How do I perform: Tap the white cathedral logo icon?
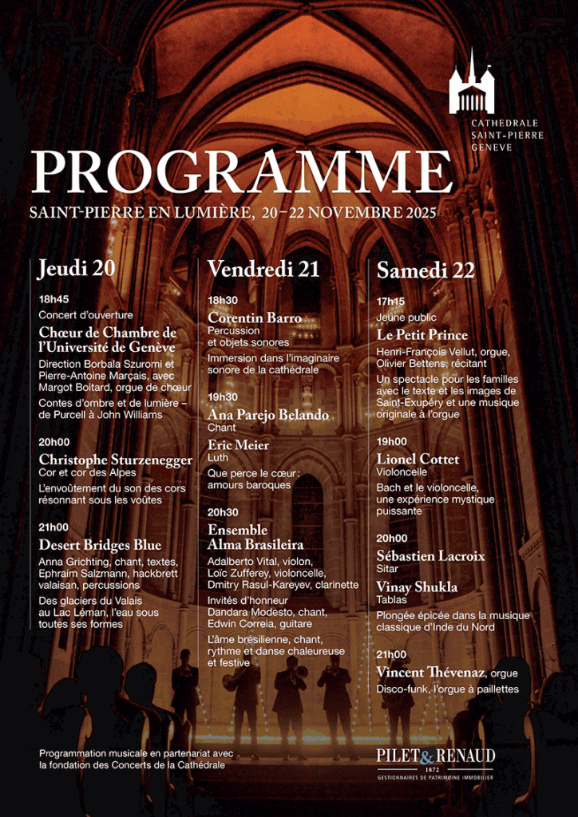[x=471, y=85]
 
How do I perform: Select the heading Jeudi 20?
[x=77, y=269]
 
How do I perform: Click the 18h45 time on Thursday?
[x=53, y=300]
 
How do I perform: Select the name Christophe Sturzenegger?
[x=116, y=460]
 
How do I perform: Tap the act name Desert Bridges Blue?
[x=100, y=545]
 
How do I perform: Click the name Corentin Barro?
[x=255, y=318]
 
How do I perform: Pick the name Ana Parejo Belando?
[x=268, y=414]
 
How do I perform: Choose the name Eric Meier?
[x=239, y=444]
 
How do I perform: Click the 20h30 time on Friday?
[x=223, y=512]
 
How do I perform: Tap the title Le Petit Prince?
[x=422, y=334]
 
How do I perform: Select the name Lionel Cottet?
[x=418, y=459]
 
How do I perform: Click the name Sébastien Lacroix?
[x=430, y=555]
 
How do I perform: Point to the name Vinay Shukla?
[x=417, y=586]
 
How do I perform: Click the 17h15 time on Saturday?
[x=391, y=302]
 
